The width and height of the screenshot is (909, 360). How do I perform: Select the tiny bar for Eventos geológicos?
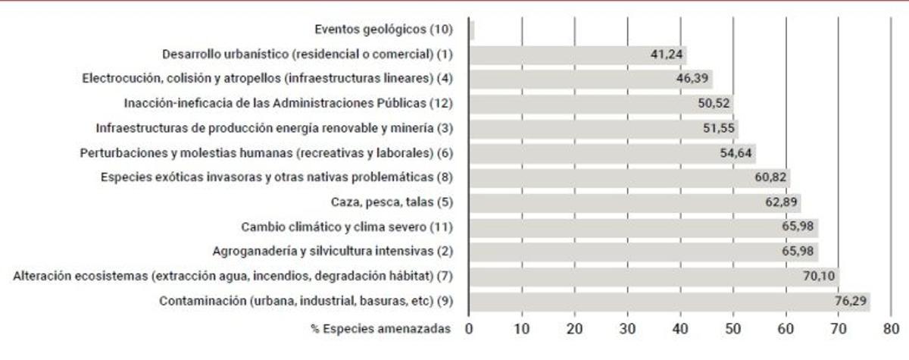[x=472, y=30]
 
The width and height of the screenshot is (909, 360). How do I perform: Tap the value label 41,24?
[x=667, y=55]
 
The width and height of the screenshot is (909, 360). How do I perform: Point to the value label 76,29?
[x=850, y=301]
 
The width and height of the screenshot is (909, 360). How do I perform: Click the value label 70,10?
[x=819, y=276]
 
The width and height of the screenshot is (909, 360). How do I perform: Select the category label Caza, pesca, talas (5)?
[x=392, y=202]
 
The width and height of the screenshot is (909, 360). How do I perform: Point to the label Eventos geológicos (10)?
[x=383, y=30]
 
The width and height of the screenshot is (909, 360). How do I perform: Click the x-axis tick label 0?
[x=469, y=329]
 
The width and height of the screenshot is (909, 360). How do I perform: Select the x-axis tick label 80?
[x=891, y=329]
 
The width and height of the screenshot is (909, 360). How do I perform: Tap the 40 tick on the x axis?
[x=680, y=329]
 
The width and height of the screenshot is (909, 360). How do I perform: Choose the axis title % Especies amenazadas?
[x=380, y=329]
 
